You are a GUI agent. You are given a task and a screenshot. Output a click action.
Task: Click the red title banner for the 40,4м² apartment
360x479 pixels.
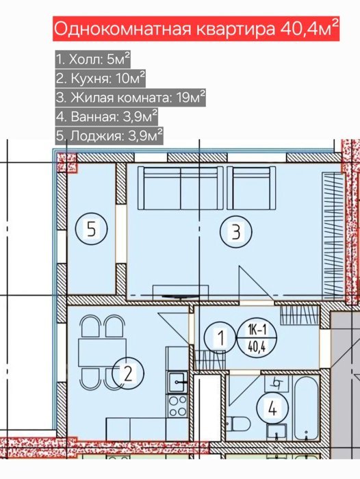[x=196, y=29]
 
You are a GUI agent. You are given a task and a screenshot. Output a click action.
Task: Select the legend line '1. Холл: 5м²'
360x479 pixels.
[x=93, y=60]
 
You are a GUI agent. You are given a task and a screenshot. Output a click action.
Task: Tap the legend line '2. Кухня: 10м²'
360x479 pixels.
[x=100, y=79]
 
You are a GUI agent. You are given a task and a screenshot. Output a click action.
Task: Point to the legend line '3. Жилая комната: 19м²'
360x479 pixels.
[x=130, y=98]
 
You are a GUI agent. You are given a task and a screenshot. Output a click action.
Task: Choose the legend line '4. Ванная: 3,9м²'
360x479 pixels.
[x=107, y=116]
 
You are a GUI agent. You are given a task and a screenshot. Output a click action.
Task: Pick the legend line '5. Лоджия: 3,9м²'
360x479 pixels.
[x=109, y=135]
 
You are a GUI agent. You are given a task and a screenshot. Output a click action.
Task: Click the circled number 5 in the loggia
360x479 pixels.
[x=92, y=229]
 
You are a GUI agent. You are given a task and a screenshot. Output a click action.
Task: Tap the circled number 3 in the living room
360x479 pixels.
[x=236, y=231]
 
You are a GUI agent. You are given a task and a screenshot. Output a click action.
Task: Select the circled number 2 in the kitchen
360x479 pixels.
[x=128, y=373]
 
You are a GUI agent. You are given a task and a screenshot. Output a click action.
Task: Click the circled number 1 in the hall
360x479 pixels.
[x=221, y=338]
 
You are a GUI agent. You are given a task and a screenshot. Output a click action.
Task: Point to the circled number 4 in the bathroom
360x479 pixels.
[x=272, y=409]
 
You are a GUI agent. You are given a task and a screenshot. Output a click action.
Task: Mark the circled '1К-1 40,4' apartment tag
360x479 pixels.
[x=257, y=338]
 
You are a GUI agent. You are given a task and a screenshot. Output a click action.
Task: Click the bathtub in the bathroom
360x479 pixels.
[x=307, y=408]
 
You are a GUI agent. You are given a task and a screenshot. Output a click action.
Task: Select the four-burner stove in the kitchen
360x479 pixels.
[x=177, y=405]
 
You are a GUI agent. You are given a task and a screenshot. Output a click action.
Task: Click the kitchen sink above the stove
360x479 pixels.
[x=177, y=382]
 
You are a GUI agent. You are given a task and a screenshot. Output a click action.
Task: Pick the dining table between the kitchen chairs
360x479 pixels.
[x=103, y=352]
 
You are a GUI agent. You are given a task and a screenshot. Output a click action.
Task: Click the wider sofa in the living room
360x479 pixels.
[x=180, y=187]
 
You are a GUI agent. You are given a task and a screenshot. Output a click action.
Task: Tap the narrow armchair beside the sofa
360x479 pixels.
[x=251, y=187]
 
